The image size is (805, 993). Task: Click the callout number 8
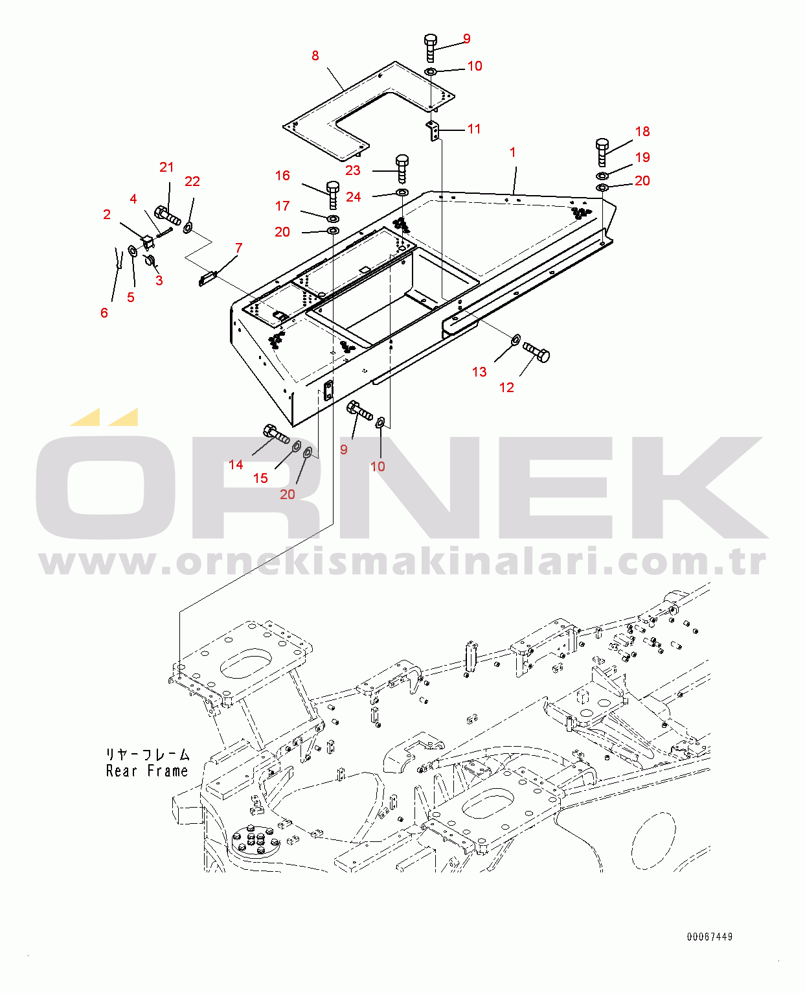(x=315, y=56)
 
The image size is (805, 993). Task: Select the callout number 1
(x=513, y=152)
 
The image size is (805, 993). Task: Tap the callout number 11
(x=474, y=129)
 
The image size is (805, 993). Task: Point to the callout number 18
(x=642, y=132)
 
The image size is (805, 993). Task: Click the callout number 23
(x=352, y=170)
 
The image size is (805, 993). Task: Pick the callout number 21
(x=166, y=167)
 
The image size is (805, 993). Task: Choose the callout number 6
(x=104, y=313)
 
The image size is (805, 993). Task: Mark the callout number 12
(x=506, y=388)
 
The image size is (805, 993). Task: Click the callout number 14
(x=236, y=465)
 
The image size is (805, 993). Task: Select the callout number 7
(x=239, y=248)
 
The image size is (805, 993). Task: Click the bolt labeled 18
(x=602, y=152)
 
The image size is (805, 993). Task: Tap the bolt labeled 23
(x=402, y=168)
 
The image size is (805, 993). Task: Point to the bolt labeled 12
(x=537, y=352)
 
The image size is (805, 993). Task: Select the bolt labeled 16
(x=333, y=194)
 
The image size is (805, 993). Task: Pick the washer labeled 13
(x=516, y=339)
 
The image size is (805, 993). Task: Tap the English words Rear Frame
(x=147, y=771)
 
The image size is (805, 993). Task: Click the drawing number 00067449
(x=710, y=937)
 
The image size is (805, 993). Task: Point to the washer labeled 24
(x=402, y=193)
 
